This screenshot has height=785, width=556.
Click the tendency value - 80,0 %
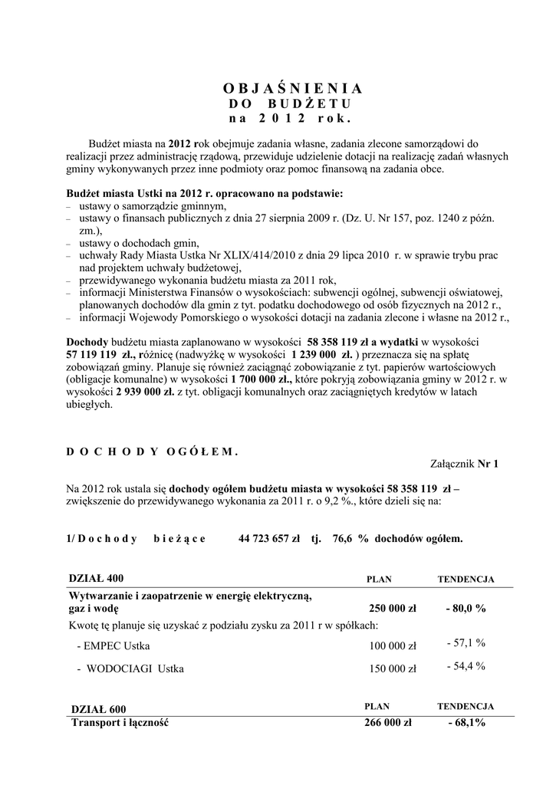point(466,609)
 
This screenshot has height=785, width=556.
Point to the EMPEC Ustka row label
point(114,645)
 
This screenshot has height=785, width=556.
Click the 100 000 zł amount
point(393,645)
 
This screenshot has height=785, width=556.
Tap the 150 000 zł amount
point(393,668)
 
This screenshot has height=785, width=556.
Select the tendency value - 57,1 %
point(466,642)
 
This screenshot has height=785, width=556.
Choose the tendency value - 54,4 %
point(466,665)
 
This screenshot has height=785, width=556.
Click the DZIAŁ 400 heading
point(96,577)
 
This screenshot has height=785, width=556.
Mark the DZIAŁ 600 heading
point(98,709)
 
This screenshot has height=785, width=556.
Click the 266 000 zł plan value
point(388,723)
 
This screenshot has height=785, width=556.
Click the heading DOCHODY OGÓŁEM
point(153,452)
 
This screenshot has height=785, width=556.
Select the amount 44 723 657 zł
point(269,538)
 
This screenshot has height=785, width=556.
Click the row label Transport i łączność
point(119,723)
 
